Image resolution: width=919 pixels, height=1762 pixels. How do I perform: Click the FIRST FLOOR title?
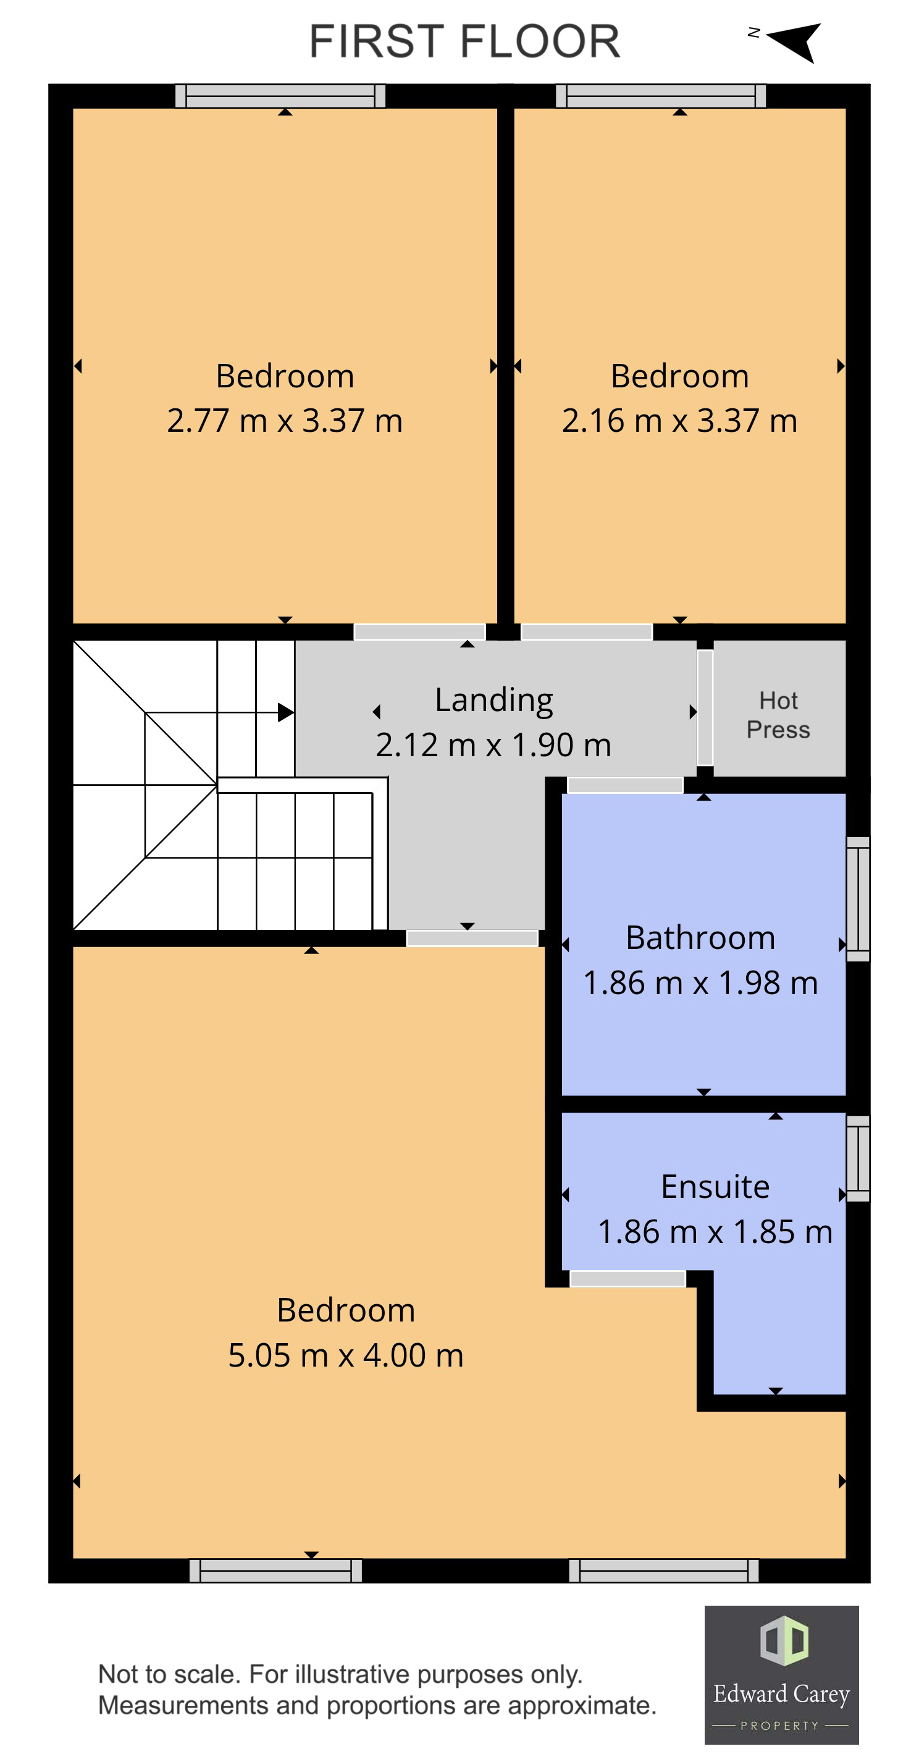464,41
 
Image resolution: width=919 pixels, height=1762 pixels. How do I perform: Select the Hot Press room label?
778,715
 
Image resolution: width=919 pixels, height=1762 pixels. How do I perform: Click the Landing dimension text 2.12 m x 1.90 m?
493,745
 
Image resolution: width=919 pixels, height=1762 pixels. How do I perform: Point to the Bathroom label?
700,938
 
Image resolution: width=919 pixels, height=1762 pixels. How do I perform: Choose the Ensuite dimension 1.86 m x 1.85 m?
715,1232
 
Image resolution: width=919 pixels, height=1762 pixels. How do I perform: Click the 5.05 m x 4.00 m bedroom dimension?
345,1355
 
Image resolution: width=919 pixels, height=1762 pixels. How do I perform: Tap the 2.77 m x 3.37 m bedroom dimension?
285,420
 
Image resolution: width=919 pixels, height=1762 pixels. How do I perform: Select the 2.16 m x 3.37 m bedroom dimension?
679,420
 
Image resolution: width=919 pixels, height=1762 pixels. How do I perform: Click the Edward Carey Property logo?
781,1674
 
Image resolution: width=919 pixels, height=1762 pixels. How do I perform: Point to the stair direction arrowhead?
286,713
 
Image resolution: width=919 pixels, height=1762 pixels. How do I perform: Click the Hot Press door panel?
705,707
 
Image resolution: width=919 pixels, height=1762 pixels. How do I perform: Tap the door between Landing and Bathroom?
625,785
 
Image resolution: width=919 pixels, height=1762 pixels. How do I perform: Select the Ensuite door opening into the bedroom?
627,1278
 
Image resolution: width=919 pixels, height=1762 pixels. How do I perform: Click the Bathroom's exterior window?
858,899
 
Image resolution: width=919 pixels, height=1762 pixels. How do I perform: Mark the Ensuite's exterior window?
858,1158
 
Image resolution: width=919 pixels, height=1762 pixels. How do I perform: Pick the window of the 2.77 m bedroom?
280,96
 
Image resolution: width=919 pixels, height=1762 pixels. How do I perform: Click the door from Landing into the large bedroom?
472,938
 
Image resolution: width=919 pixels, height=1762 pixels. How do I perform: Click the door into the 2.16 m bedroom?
587,631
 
